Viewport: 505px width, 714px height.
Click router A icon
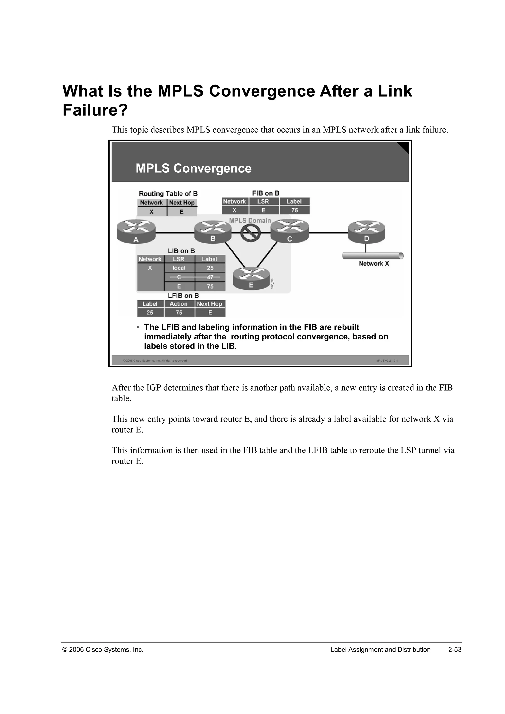(136, 231)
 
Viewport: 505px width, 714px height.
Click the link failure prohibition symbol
(251, 232)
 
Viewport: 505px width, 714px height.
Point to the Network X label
(374, 263)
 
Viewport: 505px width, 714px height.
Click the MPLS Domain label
(250, 220)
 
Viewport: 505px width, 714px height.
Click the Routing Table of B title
(168, 194)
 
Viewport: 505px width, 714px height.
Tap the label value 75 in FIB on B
(294, 211)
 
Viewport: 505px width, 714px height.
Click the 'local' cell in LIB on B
(179, 268)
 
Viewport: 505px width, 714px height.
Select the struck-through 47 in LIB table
(210, 277)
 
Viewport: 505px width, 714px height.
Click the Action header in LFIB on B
(179, 304)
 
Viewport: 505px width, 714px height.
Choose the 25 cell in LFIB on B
(150, 313)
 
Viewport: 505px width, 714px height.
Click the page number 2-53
(455, 650)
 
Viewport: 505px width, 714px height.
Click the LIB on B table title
(181, 251)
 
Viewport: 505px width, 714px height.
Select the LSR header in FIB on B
(263, 201)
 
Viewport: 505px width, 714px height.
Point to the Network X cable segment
(373, 256)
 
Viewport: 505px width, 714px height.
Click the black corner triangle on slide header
(403, 147)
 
